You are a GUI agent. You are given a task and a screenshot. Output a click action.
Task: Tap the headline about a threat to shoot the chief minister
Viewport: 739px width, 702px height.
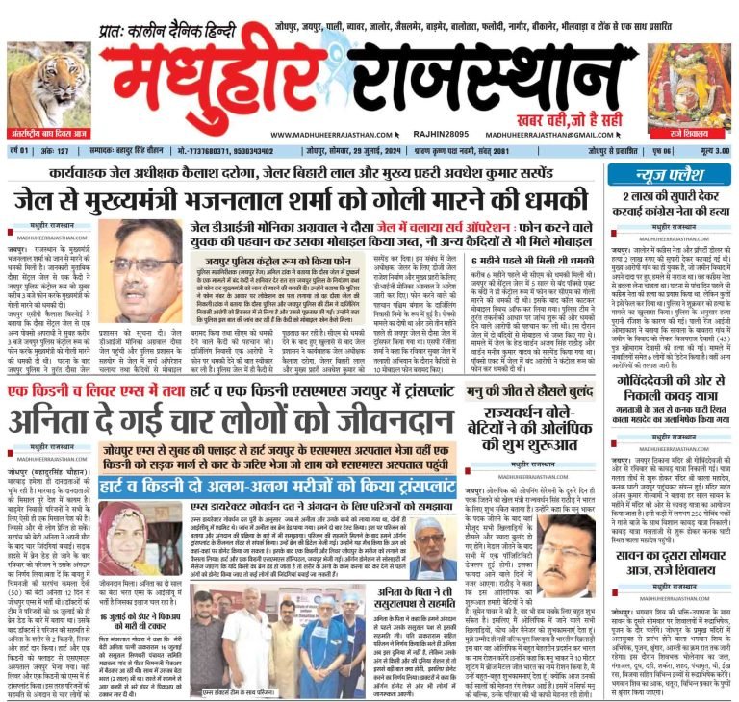point(298,199)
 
